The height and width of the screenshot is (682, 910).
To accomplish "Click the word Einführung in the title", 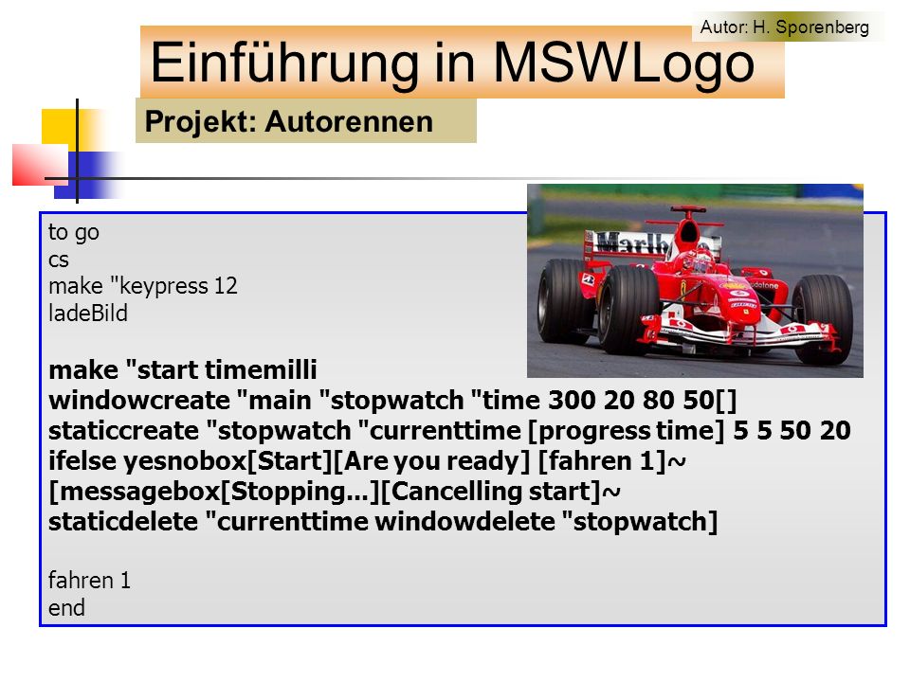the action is [284, 63].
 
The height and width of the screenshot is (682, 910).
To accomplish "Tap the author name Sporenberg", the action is [822, 27].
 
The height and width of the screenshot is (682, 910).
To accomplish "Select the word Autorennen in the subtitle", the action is [349, 122].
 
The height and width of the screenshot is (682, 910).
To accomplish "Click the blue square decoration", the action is [87, 175].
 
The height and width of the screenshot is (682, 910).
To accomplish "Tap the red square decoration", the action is [40, 165].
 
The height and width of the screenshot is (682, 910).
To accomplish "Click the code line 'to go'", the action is [74, 233].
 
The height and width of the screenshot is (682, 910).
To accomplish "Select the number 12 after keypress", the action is [226, 286].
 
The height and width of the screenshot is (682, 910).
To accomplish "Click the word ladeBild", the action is [87, 314].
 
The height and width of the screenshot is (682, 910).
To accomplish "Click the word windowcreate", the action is [139, 401].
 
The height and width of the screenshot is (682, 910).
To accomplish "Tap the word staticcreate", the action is [123, 431].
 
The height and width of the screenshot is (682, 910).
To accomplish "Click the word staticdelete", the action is [123, 521].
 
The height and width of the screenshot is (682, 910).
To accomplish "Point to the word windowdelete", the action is [464, 521].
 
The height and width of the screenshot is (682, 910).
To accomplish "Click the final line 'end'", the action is [66, 608].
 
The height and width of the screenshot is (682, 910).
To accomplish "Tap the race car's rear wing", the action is [627, 243].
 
